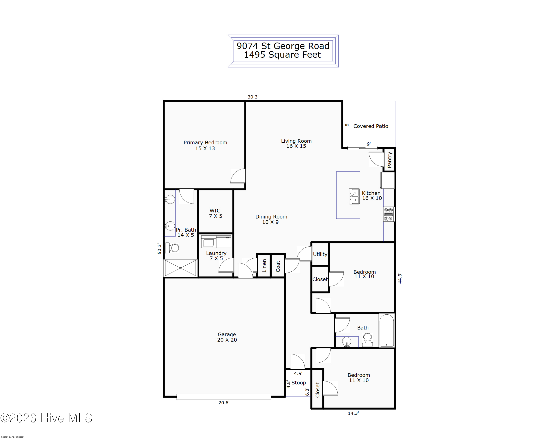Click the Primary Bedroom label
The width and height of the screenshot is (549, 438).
[205, 145]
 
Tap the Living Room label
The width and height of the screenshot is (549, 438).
[296, 143]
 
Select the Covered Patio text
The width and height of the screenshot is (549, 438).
[371, 126]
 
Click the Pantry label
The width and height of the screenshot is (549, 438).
[389, 160]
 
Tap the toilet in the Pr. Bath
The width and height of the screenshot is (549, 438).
[172, 248]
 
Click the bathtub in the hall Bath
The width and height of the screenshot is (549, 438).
[386, 330]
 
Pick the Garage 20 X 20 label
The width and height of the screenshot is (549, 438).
[227, 337]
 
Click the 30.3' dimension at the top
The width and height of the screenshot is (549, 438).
[253, 97]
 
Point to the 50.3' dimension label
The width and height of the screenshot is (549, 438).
[159, 249]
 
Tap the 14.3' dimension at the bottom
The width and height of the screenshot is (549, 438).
[353, 413]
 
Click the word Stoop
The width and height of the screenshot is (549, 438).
[298, 383]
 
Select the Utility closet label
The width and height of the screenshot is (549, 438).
[320, 254]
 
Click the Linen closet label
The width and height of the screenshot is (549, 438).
[264, 266]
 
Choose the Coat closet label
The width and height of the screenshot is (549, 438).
[278, 266]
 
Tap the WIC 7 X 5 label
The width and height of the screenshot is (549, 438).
[215, 213]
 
